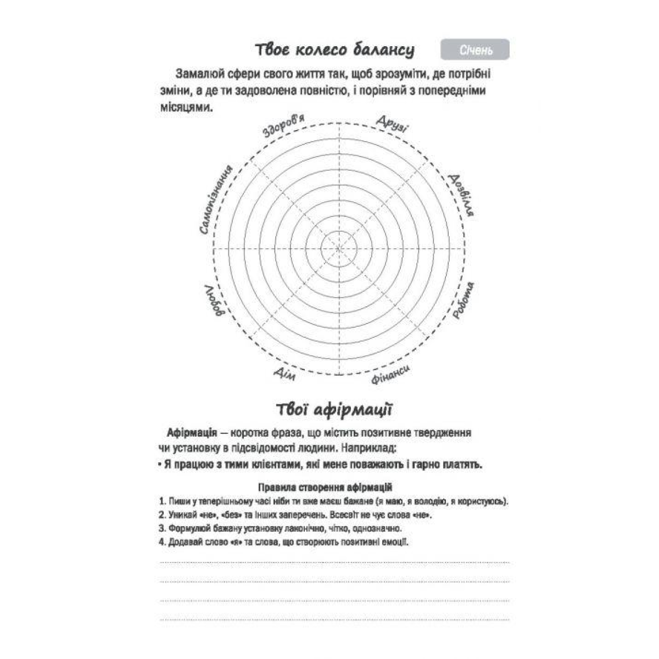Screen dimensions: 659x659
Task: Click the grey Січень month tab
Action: click(x=475, y=50)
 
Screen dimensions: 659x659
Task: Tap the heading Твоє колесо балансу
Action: click(x=334, y=50)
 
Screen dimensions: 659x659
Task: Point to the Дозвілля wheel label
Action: click(x=460, y=195)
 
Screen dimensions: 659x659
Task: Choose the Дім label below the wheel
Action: click(x=284, y=374)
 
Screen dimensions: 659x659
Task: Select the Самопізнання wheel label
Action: click(x=215, y=200)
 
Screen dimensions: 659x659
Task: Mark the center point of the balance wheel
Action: click(x=339, y=249)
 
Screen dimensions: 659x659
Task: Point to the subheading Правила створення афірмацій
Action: click(x=324, y=487)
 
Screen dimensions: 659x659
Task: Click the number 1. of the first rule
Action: click(x=162, y=501)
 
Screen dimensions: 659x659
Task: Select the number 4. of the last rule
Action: click(x=162, y=542)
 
